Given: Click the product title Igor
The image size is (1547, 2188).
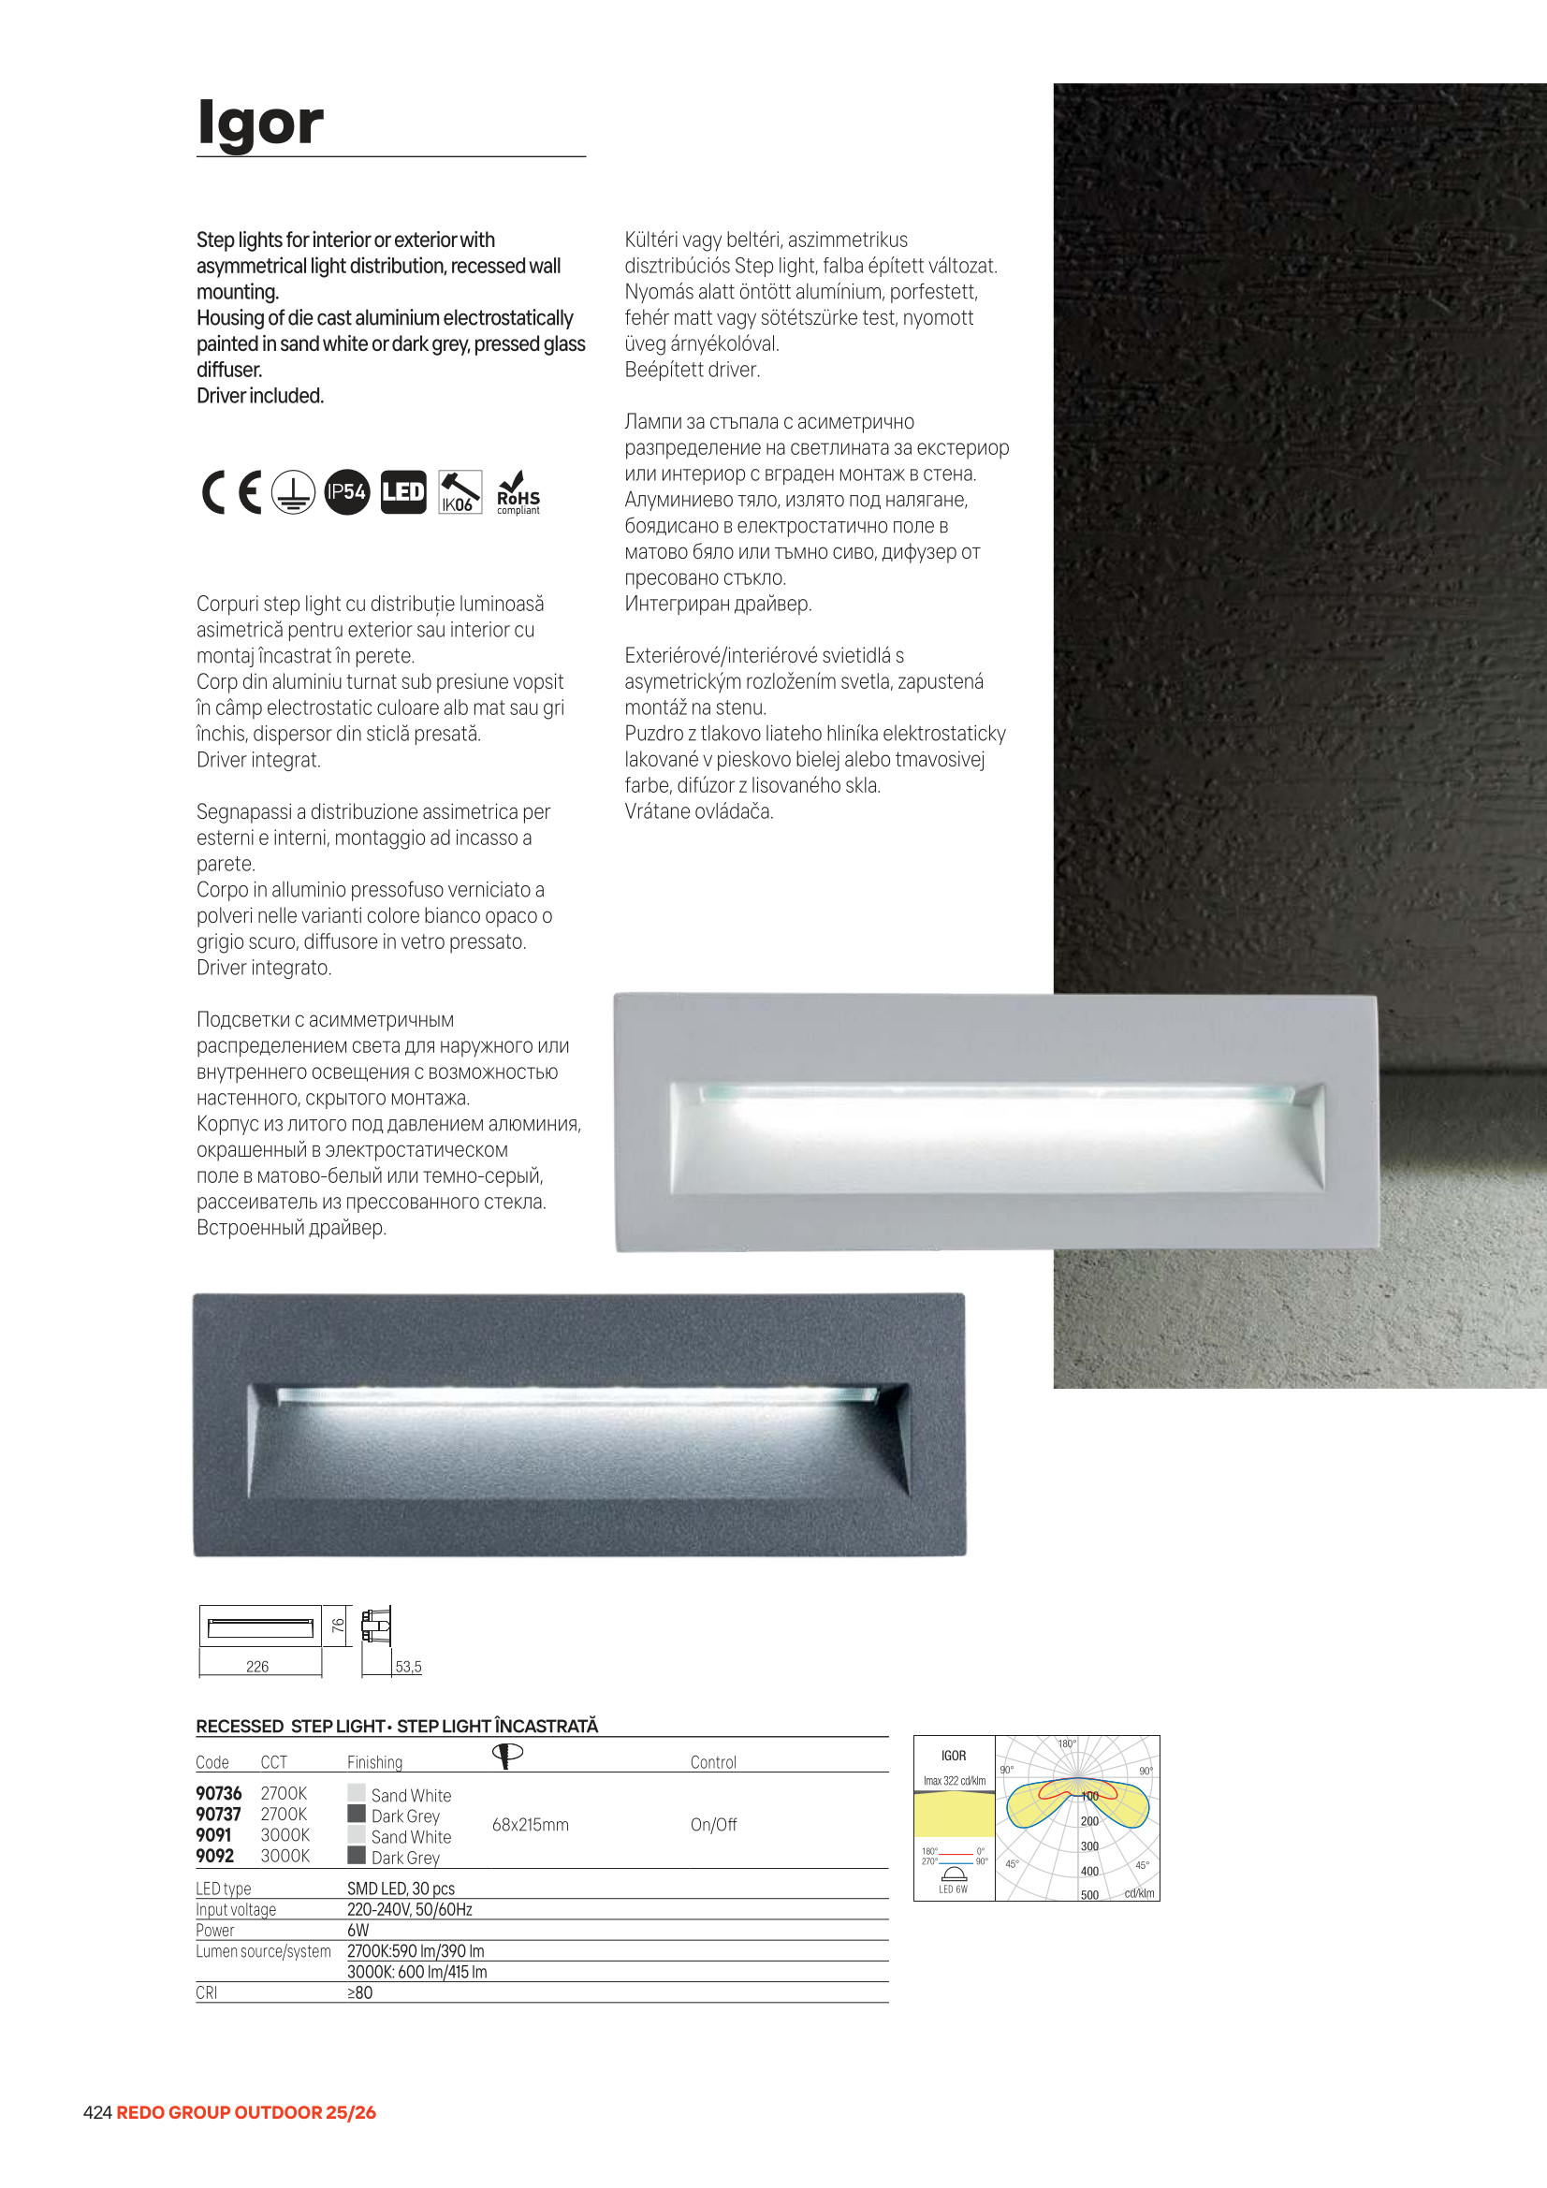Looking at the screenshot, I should pos(260,123).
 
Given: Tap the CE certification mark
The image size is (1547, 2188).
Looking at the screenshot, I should pos(231,492).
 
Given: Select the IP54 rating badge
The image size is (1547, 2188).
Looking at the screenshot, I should pos(346,492).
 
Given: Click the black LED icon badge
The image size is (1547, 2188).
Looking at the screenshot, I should pos(403,492).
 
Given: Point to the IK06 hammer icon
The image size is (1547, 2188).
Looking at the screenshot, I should pos(460,492).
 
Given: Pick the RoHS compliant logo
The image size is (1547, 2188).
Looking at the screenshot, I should pos(518,493).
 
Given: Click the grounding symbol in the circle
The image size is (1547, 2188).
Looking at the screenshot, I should pos(293,492).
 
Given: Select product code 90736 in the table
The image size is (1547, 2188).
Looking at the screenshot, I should pos(218,1793).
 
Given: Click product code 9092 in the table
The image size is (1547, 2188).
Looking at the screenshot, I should pos(214,1857).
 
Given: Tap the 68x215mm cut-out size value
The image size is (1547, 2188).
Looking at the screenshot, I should pos(530,1825).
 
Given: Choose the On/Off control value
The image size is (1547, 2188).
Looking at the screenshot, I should pos(713,1825).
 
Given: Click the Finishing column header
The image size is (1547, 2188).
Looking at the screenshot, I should pos(374,1763).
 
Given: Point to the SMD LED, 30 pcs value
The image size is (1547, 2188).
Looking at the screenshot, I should pos(401,1889).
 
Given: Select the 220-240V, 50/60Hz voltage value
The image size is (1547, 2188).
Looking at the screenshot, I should pos(409,1910).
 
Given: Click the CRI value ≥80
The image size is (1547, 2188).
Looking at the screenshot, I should pos(359,1992).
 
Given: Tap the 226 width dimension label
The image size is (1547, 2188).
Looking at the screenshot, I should pos(257,1667).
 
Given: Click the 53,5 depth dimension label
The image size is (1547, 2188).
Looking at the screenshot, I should pos(408,1667).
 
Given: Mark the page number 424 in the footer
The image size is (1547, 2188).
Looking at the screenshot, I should pos(97,2113).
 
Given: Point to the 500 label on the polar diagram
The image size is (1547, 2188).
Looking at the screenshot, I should pos(1089,1895).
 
